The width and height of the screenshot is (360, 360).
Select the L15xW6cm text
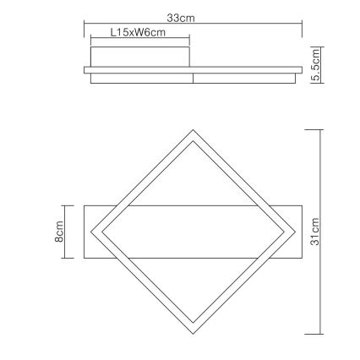137,32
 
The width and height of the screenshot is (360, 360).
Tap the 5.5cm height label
316,66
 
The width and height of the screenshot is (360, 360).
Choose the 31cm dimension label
315,231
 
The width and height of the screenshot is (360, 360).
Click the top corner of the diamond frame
193,130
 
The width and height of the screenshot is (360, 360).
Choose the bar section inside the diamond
193,231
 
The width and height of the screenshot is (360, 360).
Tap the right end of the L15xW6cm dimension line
189,39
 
